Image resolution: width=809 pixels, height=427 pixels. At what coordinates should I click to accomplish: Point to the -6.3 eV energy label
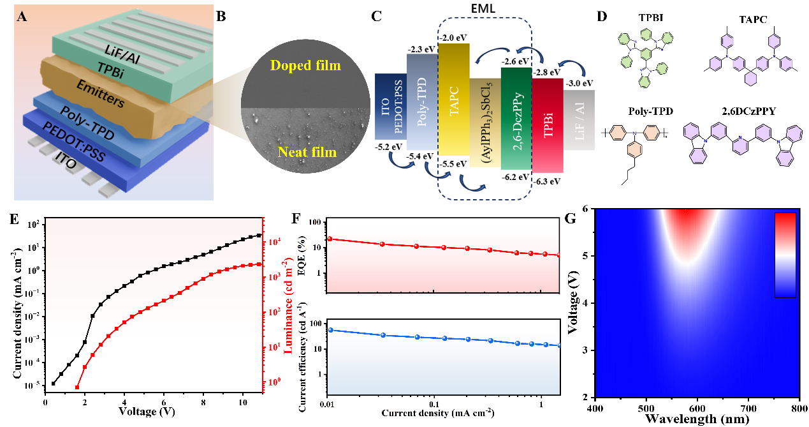point(548,181)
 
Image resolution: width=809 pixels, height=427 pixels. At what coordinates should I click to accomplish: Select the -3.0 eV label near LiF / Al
point(580,83)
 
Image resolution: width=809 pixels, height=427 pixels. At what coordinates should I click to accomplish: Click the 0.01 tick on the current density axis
point(328,405)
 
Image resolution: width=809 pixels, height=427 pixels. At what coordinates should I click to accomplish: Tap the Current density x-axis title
point(438,414)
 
